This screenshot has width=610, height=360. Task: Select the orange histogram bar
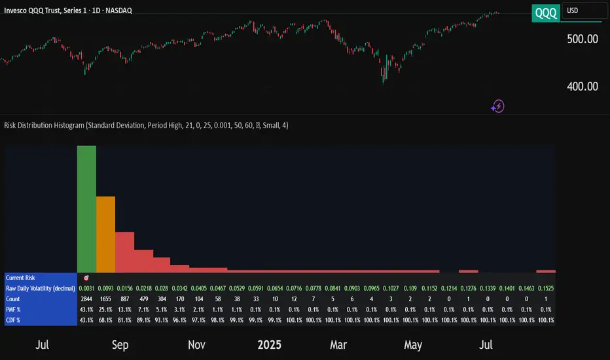tap(105, 234)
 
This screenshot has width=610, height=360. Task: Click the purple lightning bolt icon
tap(498, 105)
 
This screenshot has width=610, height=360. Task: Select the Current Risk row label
tap(20, 278)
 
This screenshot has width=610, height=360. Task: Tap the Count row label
tap(14, 299)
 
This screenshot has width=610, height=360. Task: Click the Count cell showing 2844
tap(86, 299)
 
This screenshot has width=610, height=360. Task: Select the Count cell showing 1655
tap(105, 299)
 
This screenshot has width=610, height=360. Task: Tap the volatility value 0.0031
tap(86, 289)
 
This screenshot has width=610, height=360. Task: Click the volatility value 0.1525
tap(546, 289)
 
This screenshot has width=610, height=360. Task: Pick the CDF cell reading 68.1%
tap(105, 320)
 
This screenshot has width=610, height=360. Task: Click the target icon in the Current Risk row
tap(86, 278)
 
